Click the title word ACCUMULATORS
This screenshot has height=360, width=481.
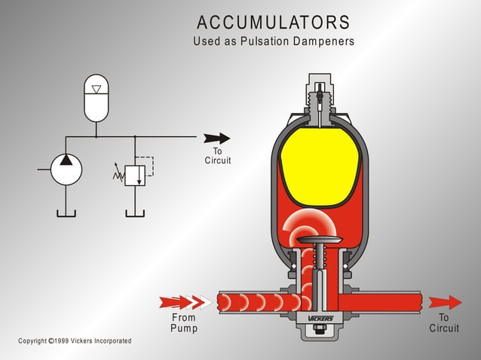point(273,22)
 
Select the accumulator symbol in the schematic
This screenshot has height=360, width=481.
point(96,98)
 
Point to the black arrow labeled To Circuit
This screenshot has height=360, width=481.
point(216,138)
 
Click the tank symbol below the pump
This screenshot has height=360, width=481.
point(66,212)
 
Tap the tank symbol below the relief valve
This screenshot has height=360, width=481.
point(135,212)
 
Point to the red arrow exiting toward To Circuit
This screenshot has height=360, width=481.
point(446,303)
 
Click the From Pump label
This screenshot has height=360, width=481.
point(183,323)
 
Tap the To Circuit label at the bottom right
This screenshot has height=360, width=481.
point(444,323)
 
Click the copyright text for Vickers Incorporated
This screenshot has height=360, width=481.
point(75,341)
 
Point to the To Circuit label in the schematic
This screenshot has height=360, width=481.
point(218,156)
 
